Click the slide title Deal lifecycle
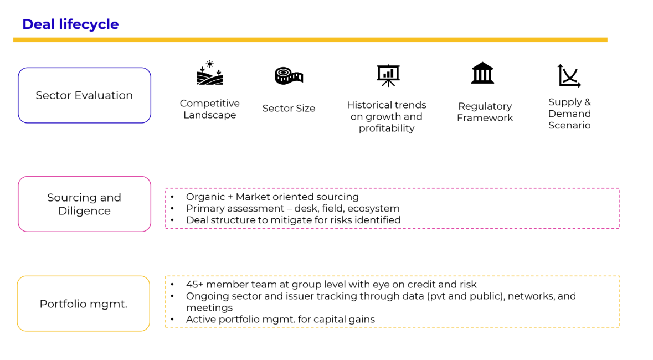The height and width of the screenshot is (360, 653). click(x=70, y=24)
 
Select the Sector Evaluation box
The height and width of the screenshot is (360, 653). click(x=84, y=95)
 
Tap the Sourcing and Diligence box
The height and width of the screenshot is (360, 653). click(x=84, y=204)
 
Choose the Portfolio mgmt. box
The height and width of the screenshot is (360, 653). click(x=84, y=304)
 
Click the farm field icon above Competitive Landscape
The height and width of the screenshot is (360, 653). click(x=210, y=73)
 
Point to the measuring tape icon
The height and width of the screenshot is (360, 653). click(x=289, y=75)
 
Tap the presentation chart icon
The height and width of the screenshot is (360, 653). click(x=388, y=75)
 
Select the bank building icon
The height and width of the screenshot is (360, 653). click(x=482, y=73)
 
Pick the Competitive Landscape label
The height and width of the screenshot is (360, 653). click(x=210, y=109)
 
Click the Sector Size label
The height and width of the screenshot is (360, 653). click(x=289, y=109)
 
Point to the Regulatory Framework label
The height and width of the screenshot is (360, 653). click(x=485, y=112)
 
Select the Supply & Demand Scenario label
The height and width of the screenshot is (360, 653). click(x=569, y=114)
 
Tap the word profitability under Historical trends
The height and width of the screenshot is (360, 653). click(x=387, y=128)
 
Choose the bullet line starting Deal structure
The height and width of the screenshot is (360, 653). click(x=293, y=220)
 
